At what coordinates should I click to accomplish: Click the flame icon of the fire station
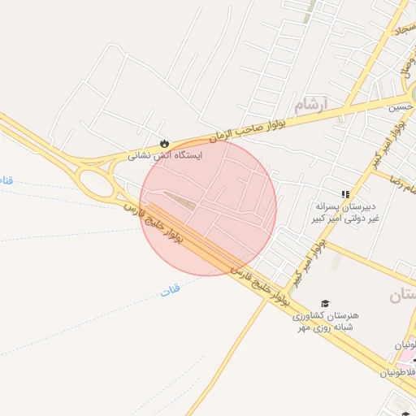coord(165,141)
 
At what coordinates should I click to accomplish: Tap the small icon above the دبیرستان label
coord(345,195)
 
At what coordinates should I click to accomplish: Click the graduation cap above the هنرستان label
coord(326,303)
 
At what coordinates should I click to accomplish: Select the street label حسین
coord(400,106)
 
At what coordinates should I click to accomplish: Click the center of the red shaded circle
coord(208,207)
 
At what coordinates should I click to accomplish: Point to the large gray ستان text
coord(404,296)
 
